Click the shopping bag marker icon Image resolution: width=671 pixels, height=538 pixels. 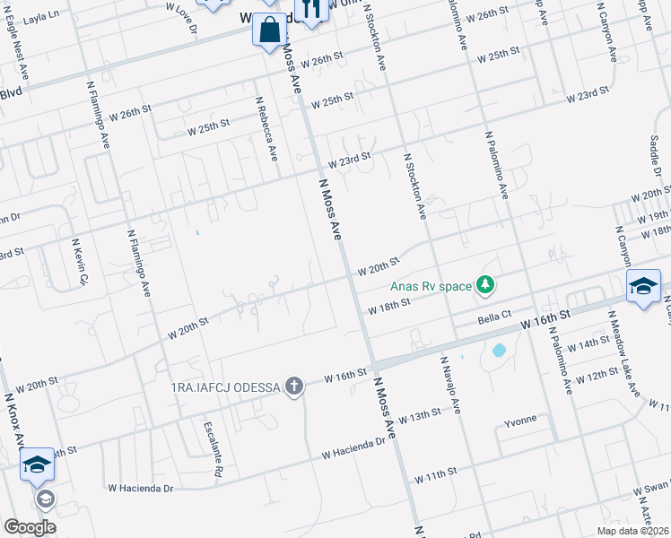point(270,30)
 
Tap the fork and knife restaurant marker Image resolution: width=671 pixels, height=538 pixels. point(311,9)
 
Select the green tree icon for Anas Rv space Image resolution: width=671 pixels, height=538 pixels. point(485,285)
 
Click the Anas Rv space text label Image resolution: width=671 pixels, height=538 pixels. point(430,286)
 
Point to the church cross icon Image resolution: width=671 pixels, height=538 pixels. point(293,386)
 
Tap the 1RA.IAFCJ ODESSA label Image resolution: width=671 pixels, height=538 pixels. point(225,386)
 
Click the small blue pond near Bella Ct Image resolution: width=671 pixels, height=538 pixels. point(499,350)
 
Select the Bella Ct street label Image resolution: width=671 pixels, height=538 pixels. point(493,317)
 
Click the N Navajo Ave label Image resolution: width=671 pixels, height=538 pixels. point(449,384)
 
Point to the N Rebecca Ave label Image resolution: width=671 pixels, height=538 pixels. point(266,129)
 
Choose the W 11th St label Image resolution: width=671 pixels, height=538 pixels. point(436,473)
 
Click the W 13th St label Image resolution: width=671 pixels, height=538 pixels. point(421,416)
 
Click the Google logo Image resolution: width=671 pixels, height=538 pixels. point(30,527)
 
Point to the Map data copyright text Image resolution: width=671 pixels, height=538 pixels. point(632,531)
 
